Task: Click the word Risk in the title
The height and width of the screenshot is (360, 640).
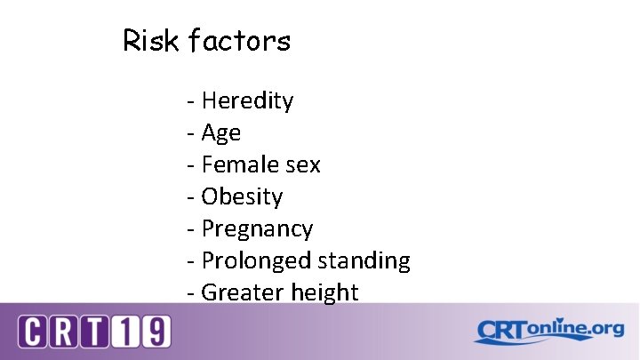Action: click(x=150, y=41)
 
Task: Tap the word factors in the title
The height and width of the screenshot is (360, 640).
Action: click(x=239, y=41)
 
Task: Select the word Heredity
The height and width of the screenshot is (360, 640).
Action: click(x=247, y=101)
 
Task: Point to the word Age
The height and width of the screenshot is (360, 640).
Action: click(x=221, y=133)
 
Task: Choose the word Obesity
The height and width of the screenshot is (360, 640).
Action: click(x=242, y=196)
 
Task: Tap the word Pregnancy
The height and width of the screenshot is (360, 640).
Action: click(x=257, y=229)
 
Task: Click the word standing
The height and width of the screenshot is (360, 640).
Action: click(x=364, y=261)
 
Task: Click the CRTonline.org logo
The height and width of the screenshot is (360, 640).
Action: click(x=548, y=331)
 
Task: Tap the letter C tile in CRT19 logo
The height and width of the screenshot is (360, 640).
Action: click(x=34, y=332)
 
